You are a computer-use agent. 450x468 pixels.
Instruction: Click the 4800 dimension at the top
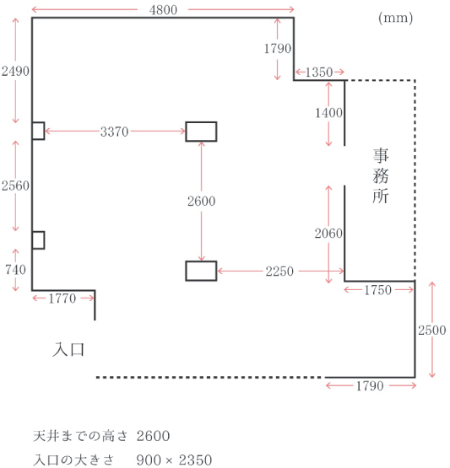(x=163, y=10)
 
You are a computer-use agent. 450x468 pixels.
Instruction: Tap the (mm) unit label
(x=396, y=18)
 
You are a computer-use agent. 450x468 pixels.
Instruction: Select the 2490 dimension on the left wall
(x=15, y=72)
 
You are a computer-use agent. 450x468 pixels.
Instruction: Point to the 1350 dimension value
(x=319, y=73)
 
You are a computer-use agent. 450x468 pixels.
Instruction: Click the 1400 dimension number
(x=328, y=113)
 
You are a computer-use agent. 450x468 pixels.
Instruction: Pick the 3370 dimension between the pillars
(x=115, y=132)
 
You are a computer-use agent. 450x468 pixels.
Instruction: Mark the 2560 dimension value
(x=15, y=186)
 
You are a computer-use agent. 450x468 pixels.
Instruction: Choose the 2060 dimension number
(x=328, y=234)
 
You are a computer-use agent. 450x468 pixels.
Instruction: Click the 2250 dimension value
(x=279, y=272)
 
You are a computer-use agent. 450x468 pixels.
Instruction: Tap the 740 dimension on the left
(x=15, y=270)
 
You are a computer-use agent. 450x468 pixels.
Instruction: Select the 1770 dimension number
(x=62, y=299)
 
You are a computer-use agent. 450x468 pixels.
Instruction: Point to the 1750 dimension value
(x=377, y=290)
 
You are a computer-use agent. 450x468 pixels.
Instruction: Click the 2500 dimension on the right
(x=432, y=331)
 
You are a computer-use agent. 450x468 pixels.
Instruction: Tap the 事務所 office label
(x=381, y=175)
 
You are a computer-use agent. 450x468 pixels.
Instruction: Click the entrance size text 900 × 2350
(x=174, y=460)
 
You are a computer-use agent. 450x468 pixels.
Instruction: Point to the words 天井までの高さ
(x=80, y=436)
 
